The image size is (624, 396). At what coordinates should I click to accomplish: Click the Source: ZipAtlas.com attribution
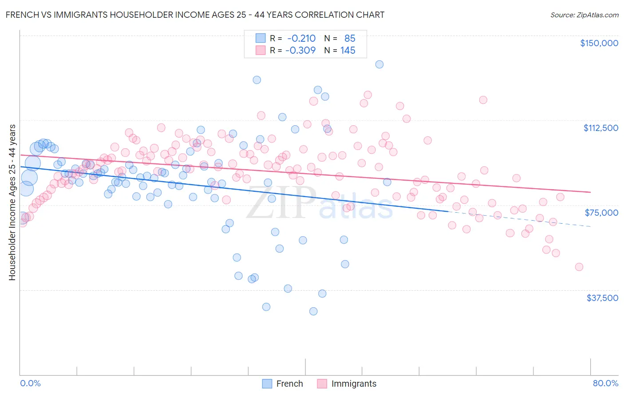(584, 15)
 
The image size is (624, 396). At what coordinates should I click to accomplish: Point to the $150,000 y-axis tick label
(599, 43)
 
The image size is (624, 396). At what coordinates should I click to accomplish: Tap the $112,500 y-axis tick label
(600, 128)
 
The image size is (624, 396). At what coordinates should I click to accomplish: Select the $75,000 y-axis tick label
(601, 213)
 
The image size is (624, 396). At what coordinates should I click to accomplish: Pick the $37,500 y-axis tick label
(602, 298)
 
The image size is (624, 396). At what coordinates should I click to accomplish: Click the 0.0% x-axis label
(31, 383)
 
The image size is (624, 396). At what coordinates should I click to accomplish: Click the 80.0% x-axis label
(605, 383)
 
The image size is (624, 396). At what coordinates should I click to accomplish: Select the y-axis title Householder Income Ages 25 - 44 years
(12, 202)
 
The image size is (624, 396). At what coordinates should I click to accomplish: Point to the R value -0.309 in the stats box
(300, 51)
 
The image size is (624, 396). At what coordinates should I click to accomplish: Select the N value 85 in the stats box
(350, 39)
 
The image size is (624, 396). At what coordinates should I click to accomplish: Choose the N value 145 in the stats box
(348, 51)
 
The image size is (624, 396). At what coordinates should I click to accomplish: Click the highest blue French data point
(379, 64)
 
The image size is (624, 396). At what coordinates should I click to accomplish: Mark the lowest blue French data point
(313, 311)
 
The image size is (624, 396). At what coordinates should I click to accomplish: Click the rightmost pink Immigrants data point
(579, 267)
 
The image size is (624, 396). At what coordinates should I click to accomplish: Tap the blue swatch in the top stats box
(261, 39)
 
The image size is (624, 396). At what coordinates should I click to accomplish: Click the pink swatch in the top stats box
(261, 51)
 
